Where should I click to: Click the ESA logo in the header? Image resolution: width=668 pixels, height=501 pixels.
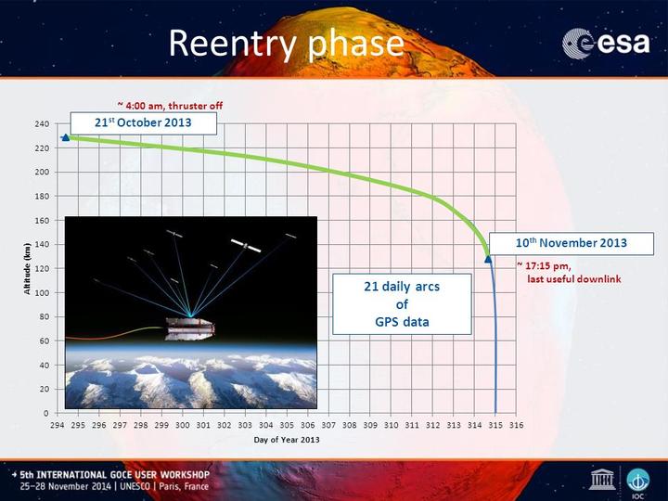tap(606, 43)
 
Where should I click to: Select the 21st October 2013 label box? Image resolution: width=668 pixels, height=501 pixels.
tap(143, 123)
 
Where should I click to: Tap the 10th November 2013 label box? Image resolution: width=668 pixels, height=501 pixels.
tap(572, 244)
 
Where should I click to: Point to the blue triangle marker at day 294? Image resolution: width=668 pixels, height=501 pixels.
tap(66, 137)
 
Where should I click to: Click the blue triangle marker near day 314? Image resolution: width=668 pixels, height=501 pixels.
tap(488, 259)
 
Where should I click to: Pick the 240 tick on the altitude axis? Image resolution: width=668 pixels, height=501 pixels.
tap(42, 124)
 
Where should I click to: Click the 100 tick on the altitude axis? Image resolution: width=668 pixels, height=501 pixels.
tap(42, 292)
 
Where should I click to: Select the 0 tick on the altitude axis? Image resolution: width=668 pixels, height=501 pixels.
tap(46, 413)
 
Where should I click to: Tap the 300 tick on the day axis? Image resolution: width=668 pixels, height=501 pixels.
tap(183, 425)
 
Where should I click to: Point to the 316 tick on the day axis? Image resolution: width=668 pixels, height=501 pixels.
tap(517, 425)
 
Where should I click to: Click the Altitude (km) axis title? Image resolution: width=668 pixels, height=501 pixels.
tap(27, 268)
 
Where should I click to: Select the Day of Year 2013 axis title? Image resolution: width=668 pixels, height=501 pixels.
tap(287, 440)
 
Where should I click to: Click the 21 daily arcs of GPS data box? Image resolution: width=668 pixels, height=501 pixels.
tap(402, 304)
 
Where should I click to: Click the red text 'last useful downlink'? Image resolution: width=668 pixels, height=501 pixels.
tap(574, 279)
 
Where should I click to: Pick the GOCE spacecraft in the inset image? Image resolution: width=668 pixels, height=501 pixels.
tap(190, 328)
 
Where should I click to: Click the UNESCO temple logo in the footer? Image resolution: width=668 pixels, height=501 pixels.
tap(602, 479)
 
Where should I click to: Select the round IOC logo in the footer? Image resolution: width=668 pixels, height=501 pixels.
tap(638, 481)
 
